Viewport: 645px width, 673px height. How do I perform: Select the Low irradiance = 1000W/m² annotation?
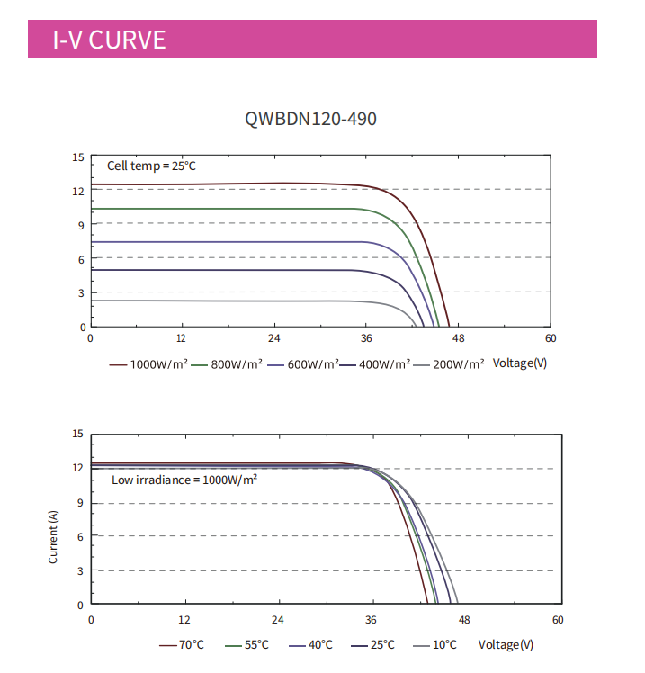pos(184,480)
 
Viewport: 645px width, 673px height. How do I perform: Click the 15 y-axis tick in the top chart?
pos(78,157)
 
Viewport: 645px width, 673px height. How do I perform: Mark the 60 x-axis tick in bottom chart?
pos(558,620)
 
